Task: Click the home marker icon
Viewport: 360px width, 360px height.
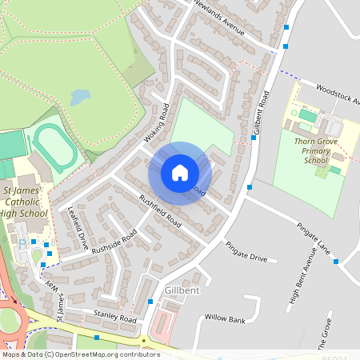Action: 180,173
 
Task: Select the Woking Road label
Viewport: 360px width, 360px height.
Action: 157,126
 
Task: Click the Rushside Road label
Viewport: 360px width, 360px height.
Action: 114,242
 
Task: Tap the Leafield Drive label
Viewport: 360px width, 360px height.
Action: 78,230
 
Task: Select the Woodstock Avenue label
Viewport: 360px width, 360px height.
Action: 338,94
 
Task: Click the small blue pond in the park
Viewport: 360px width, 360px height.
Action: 80,98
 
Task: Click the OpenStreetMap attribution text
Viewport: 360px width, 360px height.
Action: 80,354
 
